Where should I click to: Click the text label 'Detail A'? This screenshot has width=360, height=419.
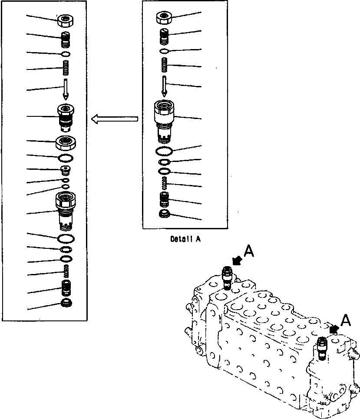click(x=186, y=238)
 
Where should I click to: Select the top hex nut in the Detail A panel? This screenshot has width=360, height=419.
click(x=165, y=18)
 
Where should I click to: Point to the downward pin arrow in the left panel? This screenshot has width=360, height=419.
click(x=65, y=89)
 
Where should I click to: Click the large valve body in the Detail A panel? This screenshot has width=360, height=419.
click(x=165, y=119)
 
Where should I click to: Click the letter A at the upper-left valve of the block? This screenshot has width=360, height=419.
click(x=248, y=251)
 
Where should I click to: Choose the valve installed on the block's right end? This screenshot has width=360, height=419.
click(x=322, y=348)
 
